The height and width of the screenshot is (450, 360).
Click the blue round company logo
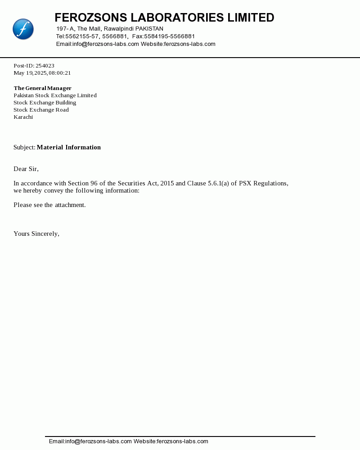pos(23,29)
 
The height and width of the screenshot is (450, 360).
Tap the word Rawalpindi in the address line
pos(119,29)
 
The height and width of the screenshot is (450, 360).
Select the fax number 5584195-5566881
pos(169,36)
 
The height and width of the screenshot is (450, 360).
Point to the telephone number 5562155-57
pos(82,36)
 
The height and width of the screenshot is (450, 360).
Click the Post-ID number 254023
pos(45,66)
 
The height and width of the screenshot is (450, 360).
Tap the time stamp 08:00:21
pos(60,73)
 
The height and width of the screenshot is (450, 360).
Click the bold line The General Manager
pos(43,88)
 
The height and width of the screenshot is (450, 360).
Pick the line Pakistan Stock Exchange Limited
pos(55,95)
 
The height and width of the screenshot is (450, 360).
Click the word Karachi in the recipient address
pos(23,117)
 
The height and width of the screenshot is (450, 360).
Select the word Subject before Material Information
pos(24,147)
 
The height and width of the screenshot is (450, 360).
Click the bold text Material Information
pos(69,147)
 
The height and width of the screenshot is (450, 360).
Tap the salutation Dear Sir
pos(26,169)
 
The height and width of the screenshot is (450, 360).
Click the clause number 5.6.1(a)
pos(218,183)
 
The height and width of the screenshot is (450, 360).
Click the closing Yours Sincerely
pos(36,234)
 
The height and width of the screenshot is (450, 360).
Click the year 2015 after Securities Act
pos(166,183)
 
